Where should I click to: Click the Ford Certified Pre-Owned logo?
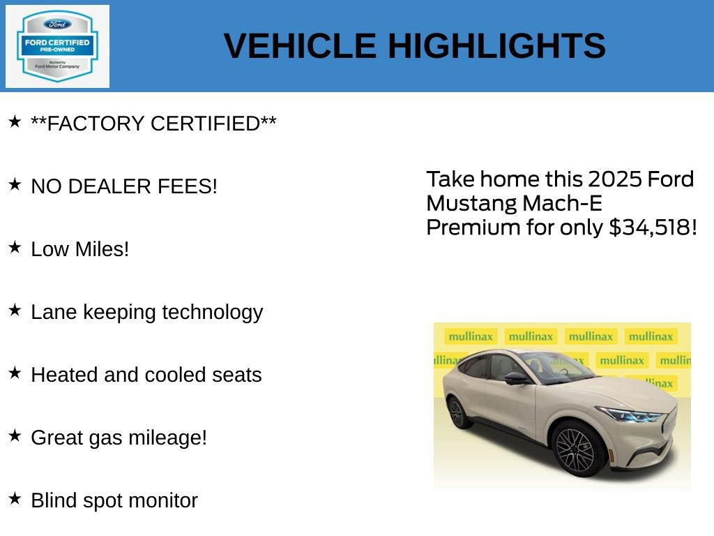(57, 47)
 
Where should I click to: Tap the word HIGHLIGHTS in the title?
(496, 46)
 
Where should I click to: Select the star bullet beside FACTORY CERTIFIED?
(15, 122)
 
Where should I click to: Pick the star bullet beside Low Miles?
(15, 248)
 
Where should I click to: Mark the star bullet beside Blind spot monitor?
(15, 499)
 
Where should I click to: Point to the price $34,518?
(653, 228)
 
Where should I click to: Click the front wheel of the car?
(577, 449)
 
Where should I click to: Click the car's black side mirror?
(516, 378)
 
